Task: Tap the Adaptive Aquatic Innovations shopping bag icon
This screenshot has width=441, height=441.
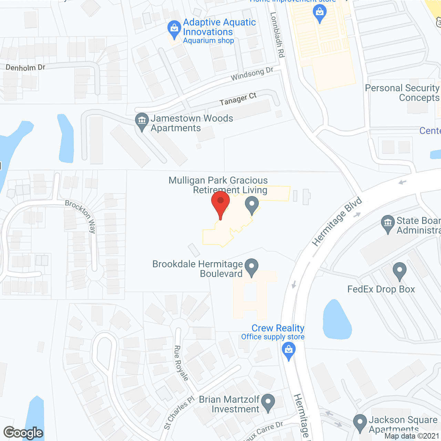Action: point(174,29)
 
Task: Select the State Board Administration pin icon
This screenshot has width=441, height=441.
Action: point(388,224)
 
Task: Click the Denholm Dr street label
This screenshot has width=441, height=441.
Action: point(25,68)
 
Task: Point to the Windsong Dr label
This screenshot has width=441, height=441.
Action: point(252,74)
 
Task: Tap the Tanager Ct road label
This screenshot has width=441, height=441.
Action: point(238,99)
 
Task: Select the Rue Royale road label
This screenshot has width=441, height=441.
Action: point(181,363)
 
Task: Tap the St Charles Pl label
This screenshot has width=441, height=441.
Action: point(179,413)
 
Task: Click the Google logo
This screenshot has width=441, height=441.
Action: point(23,433)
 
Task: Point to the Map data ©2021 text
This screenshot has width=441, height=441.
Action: point(412,436)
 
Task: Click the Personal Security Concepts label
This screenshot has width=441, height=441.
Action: point(402,93)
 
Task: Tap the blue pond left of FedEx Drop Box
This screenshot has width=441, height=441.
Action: point(337,320)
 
